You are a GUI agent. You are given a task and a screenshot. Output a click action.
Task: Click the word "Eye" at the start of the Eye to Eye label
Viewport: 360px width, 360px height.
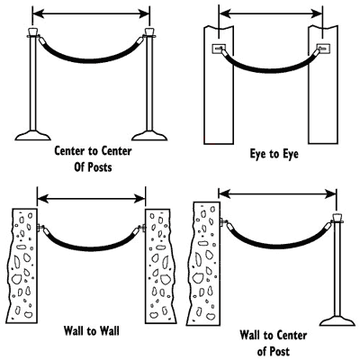pos(258,154)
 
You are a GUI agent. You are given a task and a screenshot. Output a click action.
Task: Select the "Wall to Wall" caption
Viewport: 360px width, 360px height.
pos(92,331)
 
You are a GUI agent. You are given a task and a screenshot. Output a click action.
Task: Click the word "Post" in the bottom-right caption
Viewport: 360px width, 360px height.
pos(279,351)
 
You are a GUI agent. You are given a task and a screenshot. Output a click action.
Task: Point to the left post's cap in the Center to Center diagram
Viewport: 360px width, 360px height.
pos(32,31)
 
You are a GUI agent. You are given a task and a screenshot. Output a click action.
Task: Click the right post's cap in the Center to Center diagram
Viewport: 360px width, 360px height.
pos(149,31)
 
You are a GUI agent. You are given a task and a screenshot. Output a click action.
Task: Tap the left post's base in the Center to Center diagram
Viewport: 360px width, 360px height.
pos(32,136)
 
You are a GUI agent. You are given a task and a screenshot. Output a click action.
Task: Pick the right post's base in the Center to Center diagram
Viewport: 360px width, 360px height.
pos(149,136)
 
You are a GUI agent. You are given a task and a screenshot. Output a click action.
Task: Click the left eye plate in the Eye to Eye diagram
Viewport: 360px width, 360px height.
pos(219,48)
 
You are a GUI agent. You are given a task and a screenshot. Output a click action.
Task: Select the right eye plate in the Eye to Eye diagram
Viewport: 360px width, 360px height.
pos(323,48)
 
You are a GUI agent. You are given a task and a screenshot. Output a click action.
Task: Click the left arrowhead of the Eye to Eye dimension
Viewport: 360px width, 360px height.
pos(225,13)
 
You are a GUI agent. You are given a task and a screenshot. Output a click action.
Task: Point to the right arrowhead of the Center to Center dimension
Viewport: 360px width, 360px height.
pos(144,13)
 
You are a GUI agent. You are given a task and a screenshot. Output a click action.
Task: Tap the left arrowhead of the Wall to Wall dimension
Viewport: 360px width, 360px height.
pos(43,198)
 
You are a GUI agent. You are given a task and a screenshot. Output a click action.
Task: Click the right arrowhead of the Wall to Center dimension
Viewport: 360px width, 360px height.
pos(330,194)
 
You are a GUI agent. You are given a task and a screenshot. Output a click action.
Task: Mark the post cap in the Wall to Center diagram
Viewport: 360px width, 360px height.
pos(337,218)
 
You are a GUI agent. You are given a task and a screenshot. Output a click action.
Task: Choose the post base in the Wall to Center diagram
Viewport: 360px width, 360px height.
pos(337,321)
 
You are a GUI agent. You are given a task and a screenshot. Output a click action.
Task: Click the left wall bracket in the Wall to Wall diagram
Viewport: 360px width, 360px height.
pos(40,228)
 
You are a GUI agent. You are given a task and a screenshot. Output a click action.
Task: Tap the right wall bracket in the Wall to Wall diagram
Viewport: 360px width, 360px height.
pos(142,228)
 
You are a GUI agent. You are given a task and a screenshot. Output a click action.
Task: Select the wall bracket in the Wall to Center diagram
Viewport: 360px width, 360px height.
pos(223,222)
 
